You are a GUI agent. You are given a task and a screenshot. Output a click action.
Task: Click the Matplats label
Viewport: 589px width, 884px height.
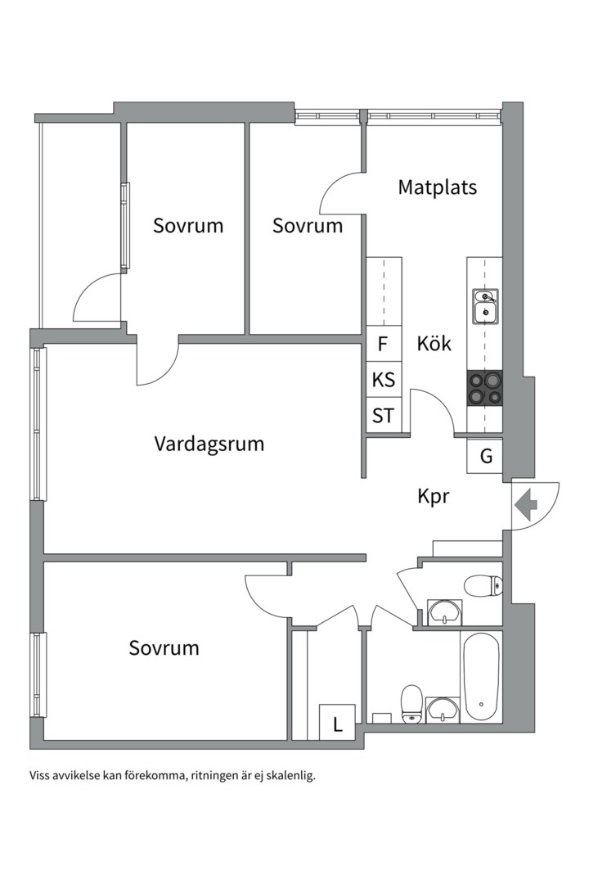[x=437, y=187]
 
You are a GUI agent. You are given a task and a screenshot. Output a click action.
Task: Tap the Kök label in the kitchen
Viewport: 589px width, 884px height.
[x=434, y=343]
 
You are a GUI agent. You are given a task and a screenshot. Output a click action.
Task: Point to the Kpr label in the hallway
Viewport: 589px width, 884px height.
[x=433, y=496]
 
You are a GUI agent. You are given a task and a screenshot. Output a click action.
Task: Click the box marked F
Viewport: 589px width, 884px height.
[x=383, y=345]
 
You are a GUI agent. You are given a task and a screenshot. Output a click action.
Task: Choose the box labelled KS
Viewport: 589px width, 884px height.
[x=383, y=380]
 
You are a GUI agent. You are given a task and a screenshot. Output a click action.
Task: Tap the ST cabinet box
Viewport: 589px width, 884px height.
[x=383, y=416]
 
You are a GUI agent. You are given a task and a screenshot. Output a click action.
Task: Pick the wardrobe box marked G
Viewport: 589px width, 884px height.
[x=485, y=457]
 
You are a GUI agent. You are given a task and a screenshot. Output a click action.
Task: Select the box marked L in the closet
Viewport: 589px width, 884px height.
[x=336, y=723]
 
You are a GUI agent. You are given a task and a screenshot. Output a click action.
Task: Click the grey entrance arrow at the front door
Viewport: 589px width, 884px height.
[x=525, y=504]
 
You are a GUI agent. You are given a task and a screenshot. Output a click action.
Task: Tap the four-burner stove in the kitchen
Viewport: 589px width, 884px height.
[x=484, y=389]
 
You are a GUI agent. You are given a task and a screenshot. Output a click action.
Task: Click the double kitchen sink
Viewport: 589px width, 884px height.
[x=485, y=305]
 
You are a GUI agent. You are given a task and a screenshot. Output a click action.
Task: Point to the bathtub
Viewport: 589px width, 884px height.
[x=480, y=676]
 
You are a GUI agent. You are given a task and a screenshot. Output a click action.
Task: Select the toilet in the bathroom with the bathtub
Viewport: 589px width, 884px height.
[x=411, y=705]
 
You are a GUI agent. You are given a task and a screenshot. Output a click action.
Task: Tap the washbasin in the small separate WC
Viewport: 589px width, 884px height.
[x=444, y=612]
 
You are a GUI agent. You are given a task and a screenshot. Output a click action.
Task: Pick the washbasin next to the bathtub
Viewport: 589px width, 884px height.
[x=443, y=709]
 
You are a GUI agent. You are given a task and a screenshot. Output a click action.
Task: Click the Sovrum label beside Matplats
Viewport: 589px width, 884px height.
[x=308, y=226]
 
